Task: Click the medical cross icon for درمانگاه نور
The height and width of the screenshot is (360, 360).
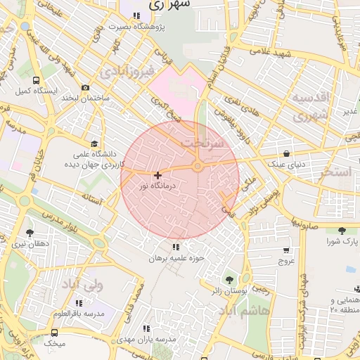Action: click(x=157, y=175)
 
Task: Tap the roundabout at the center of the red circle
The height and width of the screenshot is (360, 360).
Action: click(x=198, y=166)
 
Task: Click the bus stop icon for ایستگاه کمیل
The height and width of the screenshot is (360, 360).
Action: click(x=36, y=79)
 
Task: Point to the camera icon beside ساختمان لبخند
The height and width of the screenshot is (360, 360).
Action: click(x=85, y=88)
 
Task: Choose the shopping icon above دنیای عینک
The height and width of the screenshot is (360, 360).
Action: click(x=285, y=153)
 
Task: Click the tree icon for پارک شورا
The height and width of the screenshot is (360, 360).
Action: click(x=342, y=231)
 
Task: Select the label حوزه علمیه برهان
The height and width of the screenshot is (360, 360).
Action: click(x=176, y=258)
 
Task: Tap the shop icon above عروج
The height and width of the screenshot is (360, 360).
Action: click(x=285, y=250)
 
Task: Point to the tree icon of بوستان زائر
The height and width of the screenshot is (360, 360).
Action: click(x=228, y=280)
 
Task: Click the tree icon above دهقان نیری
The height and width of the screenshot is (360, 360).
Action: click(x=30, y=232)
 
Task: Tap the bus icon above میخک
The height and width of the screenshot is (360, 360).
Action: click(x=54, y=333)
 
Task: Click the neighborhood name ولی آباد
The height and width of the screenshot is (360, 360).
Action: click(x=83, y=285)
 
